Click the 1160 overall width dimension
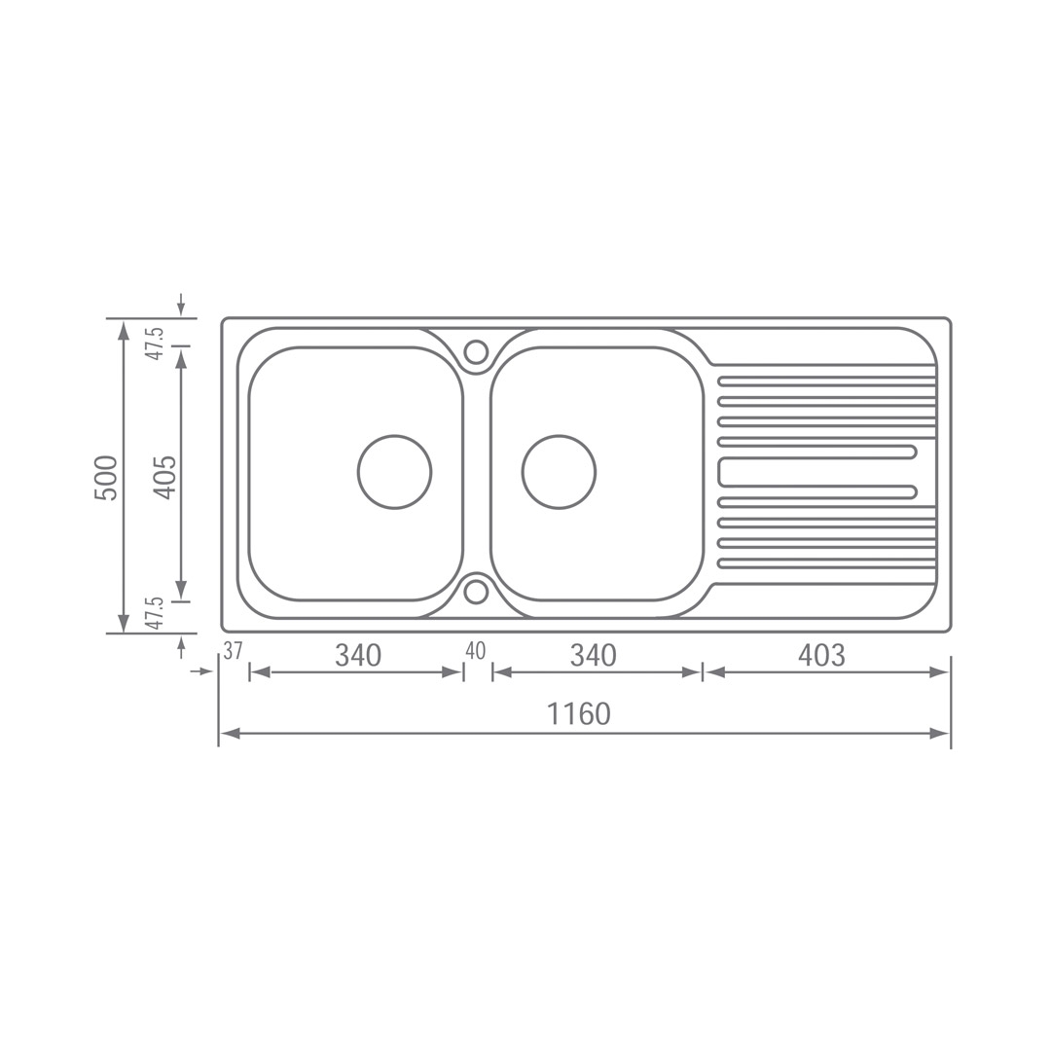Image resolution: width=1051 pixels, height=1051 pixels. click(x=579, y=714)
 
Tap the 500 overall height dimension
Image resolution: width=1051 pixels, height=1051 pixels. click(x=107, y=478)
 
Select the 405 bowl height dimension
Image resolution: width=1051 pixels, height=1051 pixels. click(x=164, y=477)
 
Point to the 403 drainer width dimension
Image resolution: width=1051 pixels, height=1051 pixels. click(x=821, y=656)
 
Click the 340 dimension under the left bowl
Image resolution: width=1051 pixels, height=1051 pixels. click(x=358, y=656)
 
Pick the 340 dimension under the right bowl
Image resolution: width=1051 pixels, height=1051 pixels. click(x=594, y=656)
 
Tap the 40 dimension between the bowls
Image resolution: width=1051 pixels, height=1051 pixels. click(x=475, y=651)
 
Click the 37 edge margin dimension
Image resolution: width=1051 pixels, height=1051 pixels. click(x=233, y=651)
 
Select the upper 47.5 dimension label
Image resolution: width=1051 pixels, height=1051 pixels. click(x=156, y=344)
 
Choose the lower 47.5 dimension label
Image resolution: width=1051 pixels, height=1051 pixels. click(x=156, y=612)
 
